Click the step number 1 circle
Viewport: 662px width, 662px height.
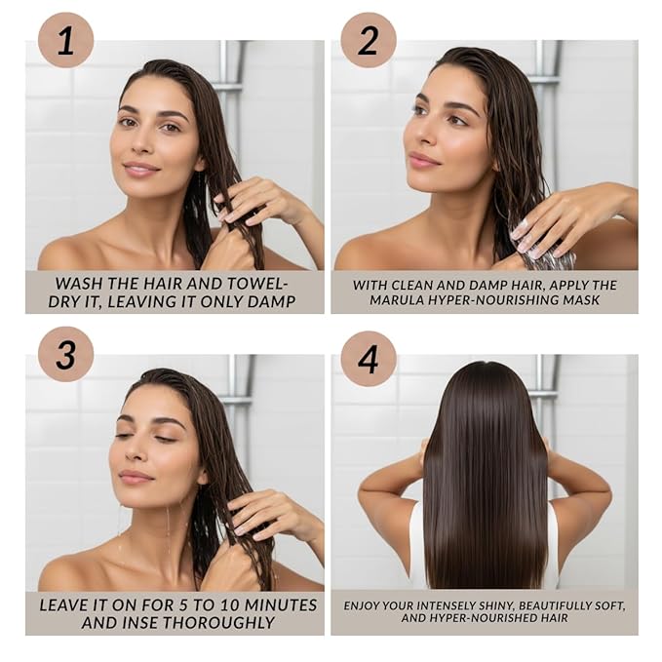pos(65,40)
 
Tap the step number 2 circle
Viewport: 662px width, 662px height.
pos(369,40)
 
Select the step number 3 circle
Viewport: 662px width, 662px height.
pos(65,354)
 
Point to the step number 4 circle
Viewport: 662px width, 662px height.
pos(369,359)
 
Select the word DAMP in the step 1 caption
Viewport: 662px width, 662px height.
pos(271,302)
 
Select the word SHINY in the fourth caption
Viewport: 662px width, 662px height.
pos(495,606)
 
